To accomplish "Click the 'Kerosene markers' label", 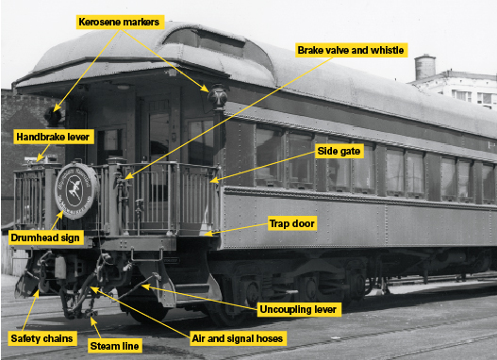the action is [x=120, y=23].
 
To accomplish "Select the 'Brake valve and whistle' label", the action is [x=351, y=50].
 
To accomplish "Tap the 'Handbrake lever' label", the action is [x=54, y=137].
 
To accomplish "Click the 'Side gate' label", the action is [x=339, y=151].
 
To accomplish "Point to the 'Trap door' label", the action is [x=291, y=223].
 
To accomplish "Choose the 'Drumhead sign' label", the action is [x=45, y=237].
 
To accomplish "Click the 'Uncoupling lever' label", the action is [x=298, y=309].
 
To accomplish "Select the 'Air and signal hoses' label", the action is [x=238, y=338].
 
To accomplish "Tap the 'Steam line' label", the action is [x=114, y=346].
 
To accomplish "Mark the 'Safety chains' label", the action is [x=41, y=338].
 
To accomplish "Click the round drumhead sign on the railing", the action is [x=76, y=190].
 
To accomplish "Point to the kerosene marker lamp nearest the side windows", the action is [x=218, y=96].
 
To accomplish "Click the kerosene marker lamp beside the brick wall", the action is [x=53, y=117].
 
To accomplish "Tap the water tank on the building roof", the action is [x=424, y=67].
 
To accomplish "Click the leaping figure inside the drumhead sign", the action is [x=75, y=190].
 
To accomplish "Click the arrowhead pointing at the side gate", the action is [x=214, y=181].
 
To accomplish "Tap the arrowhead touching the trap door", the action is [x=207, y=234].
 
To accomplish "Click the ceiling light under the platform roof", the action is [x=123, y=87].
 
